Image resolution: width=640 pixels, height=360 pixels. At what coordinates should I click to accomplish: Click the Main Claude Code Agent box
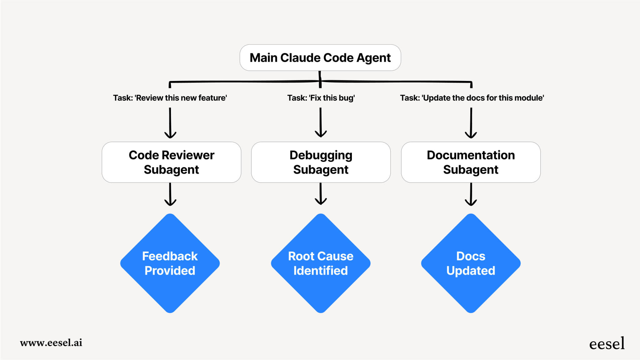(x=320, y=58)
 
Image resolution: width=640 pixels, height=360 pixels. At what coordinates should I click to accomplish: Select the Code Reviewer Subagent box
(x=171, y=162)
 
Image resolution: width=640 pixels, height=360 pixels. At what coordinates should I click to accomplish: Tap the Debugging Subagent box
(x=321, y=162)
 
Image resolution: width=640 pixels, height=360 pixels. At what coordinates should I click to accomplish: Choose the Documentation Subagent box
(x=471, y=162)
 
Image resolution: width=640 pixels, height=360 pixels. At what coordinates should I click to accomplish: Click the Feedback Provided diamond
(x=170, y=263)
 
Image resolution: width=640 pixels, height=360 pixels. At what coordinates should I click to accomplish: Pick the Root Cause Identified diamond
(x=321, y=263)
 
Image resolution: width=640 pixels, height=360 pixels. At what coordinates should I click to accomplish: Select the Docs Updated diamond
(x=471, y=263)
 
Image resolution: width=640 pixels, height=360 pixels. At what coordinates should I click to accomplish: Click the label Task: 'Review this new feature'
(x=170, y=98)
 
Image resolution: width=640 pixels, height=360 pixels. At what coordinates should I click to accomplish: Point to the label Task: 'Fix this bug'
(x=321, y=98)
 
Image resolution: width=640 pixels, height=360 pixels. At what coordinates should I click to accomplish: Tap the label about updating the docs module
(x=472, y=98)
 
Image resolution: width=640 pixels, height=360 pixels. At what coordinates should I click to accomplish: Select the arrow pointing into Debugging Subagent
(x=321, y=122)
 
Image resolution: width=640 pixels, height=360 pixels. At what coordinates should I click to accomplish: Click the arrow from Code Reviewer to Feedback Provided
(x=170, y=194)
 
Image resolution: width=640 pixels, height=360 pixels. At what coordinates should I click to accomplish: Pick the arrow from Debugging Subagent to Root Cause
(x=321, y=194)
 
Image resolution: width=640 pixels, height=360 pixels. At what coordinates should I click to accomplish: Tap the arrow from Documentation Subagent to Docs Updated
(x=471, y=194)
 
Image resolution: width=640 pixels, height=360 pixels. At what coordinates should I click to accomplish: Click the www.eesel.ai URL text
(x=51, y=343)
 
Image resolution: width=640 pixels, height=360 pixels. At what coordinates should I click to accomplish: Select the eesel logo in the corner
(x=607, y=344)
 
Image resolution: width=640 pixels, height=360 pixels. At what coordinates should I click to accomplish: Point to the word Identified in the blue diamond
(x=321, y=271)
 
